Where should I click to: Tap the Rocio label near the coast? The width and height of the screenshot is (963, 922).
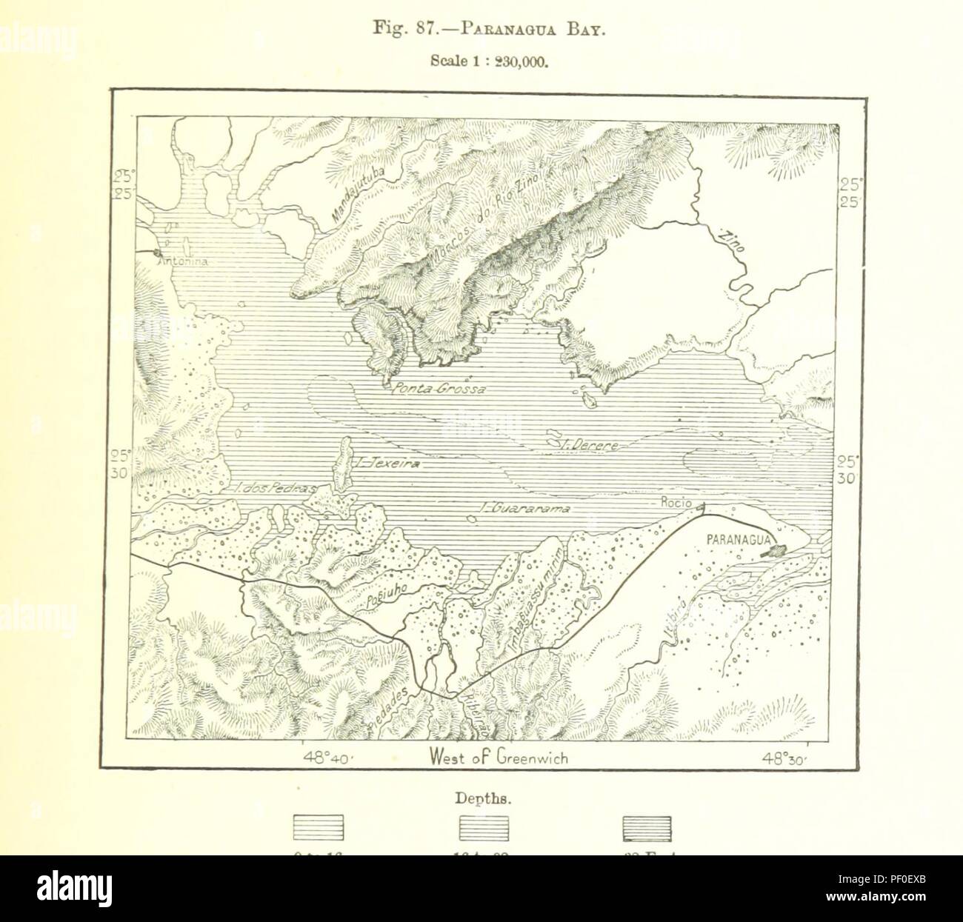coord(675,503)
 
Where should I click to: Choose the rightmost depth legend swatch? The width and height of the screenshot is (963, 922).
coord(647,827)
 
